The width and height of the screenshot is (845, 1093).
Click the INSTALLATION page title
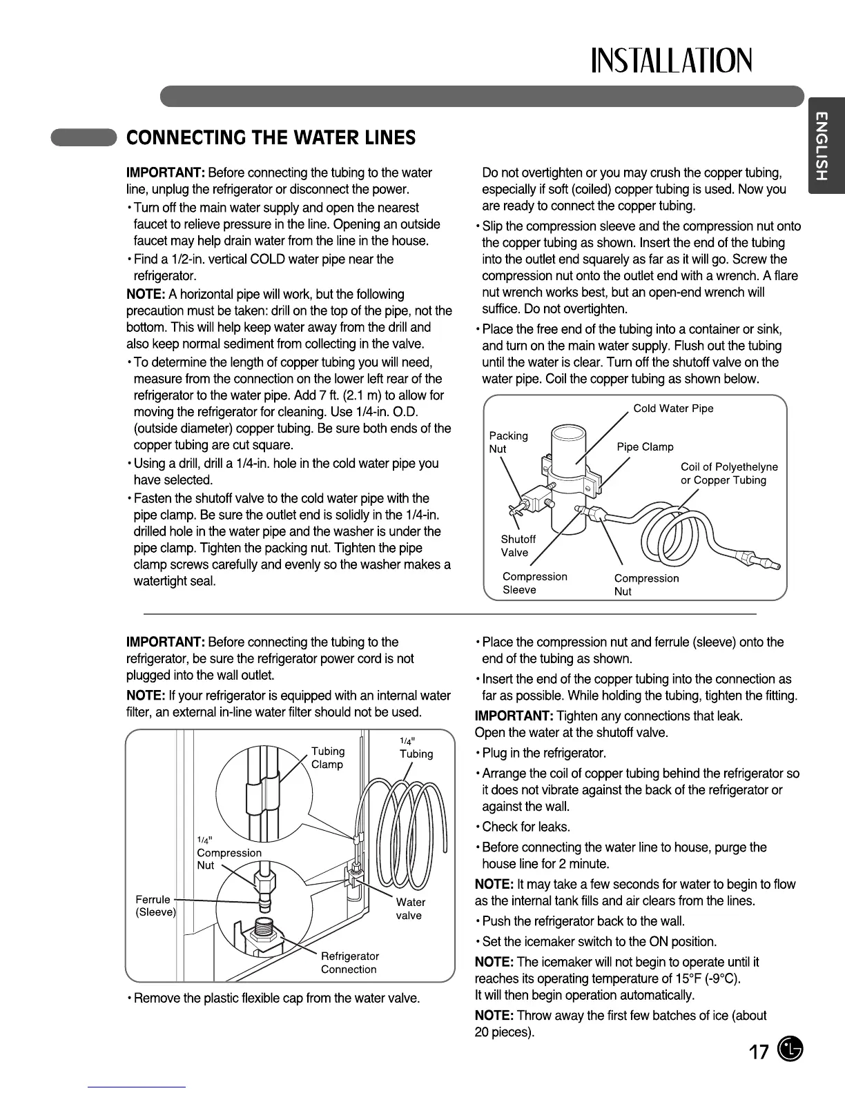point(670,61)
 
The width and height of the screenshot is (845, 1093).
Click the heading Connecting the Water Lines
point(271,138)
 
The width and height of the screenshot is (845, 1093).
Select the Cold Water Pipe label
point(673,408)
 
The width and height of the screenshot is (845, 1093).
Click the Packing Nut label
point(508,442)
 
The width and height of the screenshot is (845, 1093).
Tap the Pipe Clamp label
point(645,447)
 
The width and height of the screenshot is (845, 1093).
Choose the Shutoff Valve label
point(518,546)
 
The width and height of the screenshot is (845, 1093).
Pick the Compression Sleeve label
point(534,583)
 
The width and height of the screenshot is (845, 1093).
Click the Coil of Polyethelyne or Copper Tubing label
point(728,473)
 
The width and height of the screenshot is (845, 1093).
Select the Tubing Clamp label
point(327,758)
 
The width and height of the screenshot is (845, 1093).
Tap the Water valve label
point(410,909)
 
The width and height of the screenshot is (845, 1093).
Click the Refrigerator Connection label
point(349,963)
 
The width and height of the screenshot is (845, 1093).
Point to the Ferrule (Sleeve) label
point(155,906)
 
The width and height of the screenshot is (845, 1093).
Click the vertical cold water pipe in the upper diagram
point(568,483)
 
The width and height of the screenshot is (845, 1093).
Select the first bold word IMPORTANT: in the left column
point(165,173)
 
